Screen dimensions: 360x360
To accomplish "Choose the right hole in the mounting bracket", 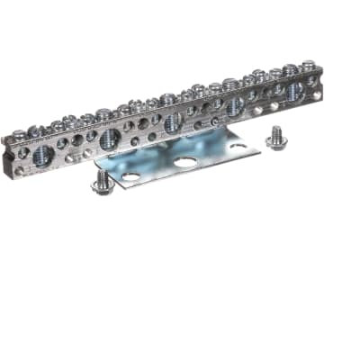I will point(238,147).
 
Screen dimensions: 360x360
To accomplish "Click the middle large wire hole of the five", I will point(172,123).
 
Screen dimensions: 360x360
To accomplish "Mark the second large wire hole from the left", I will point(110,139).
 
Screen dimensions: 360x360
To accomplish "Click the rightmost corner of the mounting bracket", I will point(260,144).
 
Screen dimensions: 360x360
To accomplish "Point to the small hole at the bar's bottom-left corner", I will point(20,167).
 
